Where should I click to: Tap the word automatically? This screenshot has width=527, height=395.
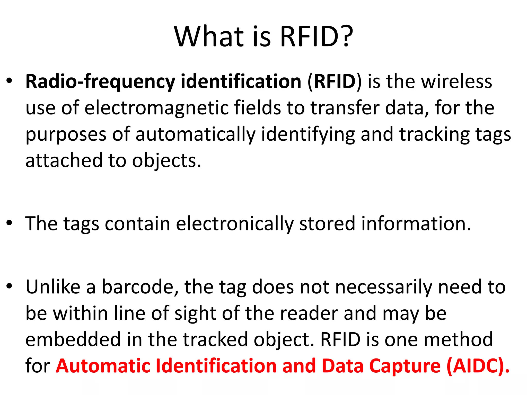tap(196, 134)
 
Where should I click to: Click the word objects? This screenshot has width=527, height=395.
tap(166, 160)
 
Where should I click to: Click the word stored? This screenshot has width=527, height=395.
tap(327, 223)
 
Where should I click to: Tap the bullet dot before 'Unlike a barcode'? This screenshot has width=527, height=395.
tap(10, 286)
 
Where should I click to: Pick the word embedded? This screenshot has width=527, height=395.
tap(73, 339)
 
